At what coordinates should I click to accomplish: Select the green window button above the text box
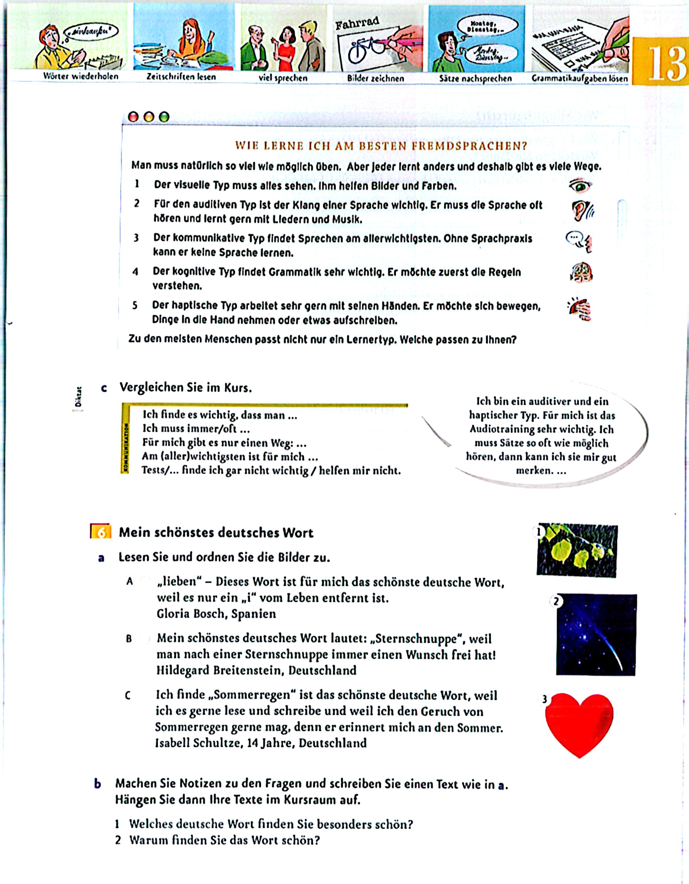pos(163,117)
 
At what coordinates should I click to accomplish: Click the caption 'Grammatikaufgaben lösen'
pos(580,78)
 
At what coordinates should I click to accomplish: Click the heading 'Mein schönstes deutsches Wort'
pos(216,533)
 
